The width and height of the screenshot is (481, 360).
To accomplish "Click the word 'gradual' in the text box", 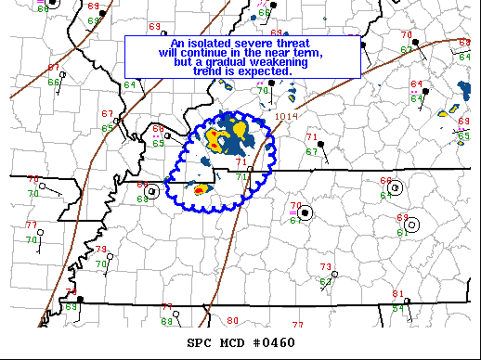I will pos(214,62).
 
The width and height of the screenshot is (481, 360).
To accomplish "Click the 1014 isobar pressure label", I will pos(287,117).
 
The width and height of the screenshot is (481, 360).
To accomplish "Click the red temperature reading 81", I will pos(397,294).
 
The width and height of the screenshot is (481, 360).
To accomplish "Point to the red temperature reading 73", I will pos(326,267).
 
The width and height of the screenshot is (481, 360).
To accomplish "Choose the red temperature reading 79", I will pos(100,250).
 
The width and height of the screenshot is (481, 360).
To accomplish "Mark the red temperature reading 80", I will pos(232,321).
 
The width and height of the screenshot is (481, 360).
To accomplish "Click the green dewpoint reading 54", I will pos(397,308).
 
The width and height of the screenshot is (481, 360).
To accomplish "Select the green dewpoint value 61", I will pos(404,231).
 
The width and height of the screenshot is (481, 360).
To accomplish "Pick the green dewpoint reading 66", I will pos(54,83).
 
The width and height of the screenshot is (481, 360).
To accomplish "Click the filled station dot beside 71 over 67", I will pos(321,144).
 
